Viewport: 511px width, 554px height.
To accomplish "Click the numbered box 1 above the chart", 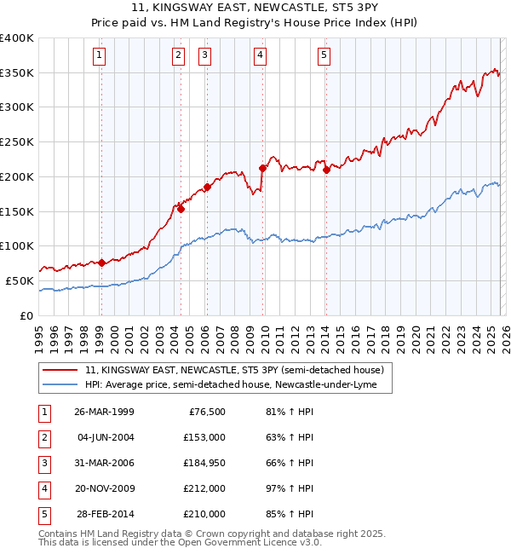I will tap(100, 56).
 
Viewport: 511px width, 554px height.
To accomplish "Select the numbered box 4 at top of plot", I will tap(260, 56).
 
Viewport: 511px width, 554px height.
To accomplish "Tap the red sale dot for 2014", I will tap(327, 170).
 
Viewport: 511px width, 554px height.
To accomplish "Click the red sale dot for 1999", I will tap(101, 263).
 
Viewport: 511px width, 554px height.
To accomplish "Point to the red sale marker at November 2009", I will tap(263, 168).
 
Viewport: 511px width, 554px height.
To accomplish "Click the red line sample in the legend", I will tap(61, 371).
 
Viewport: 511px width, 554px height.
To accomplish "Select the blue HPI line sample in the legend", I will tap(61, 385).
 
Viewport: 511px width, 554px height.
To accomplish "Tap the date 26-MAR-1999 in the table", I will tap(104, 412).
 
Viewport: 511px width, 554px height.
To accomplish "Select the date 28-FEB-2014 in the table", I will tap(104, 514).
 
